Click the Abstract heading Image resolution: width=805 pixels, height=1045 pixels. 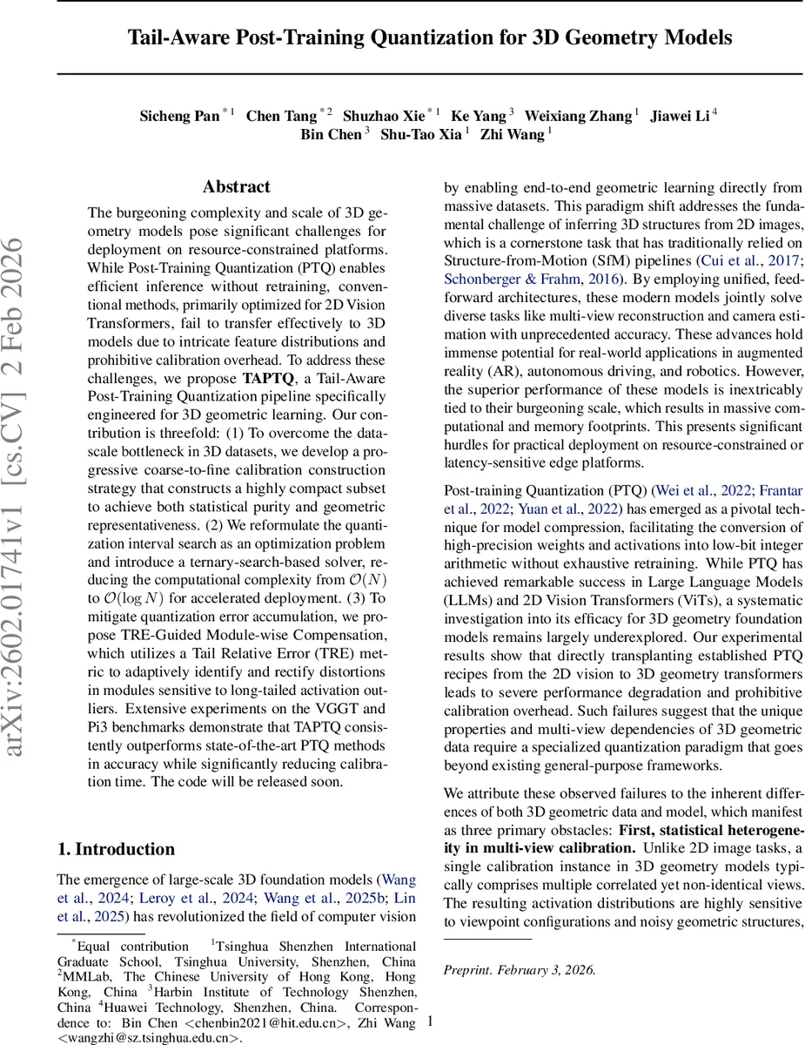click(x=236, y=187)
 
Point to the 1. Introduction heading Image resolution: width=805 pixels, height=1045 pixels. click(x=116, y=849)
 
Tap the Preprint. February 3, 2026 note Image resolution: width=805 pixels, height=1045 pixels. click(x=520, y=969)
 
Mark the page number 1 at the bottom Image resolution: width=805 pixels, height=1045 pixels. click(x=431, y=1021)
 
